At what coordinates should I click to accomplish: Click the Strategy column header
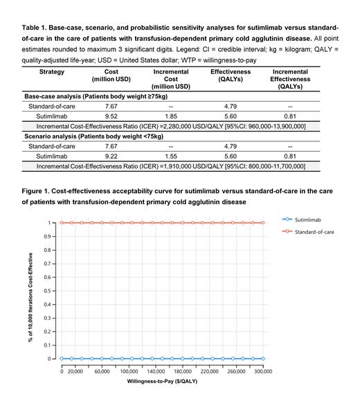point(52,71)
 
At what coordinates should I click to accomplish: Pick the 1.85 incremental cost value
point(170,117)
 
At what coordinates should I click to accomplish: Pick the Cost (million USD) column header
point(112,75)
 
